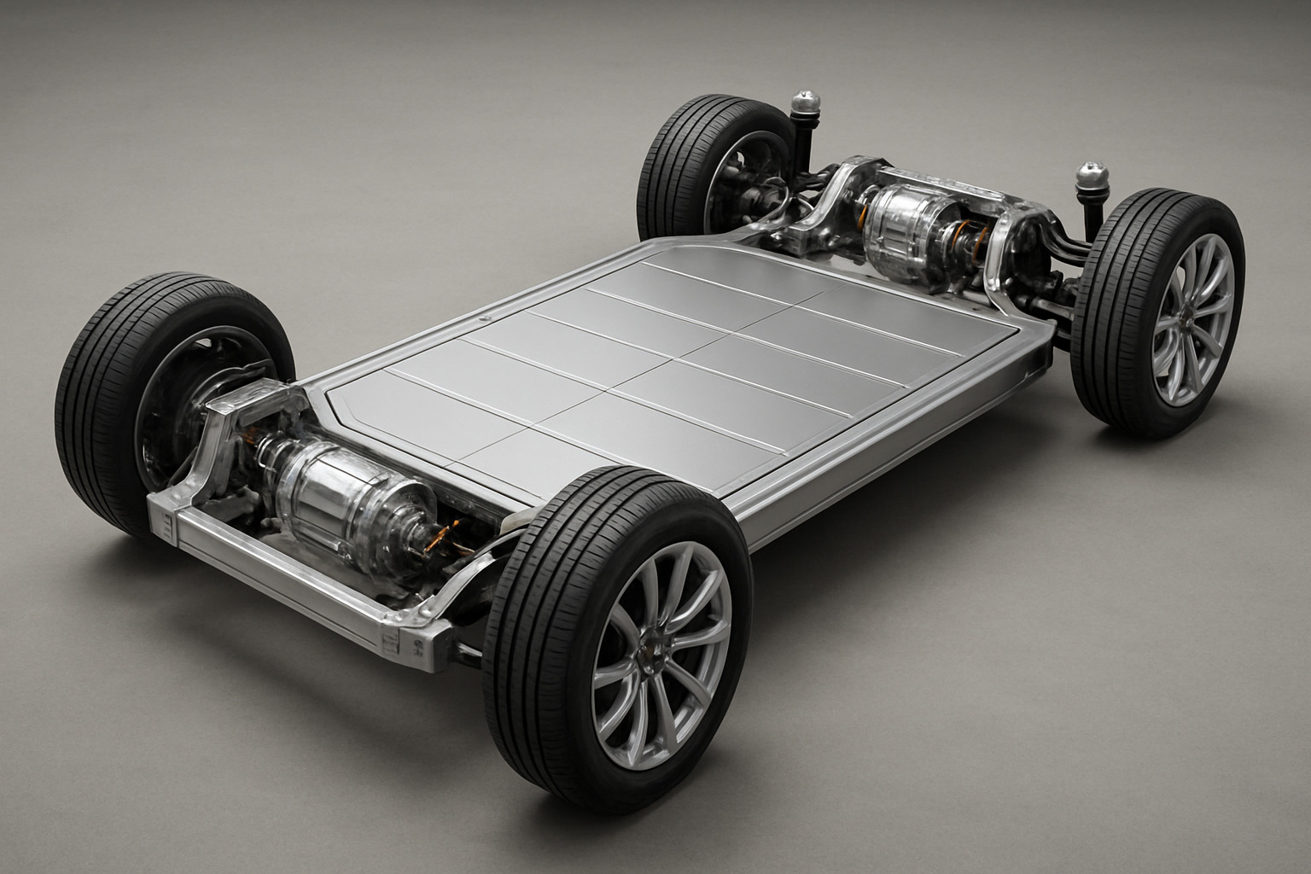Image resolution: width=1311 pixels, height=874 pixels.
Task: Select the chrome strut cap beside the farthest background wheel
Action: (805, 104)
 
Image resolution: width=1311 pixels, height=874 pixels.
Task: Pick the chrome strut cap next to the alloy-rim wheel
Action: (1091, 177)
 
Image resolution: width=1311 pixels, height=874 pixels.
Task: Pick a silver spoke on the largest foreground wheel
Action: (683, 597)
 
